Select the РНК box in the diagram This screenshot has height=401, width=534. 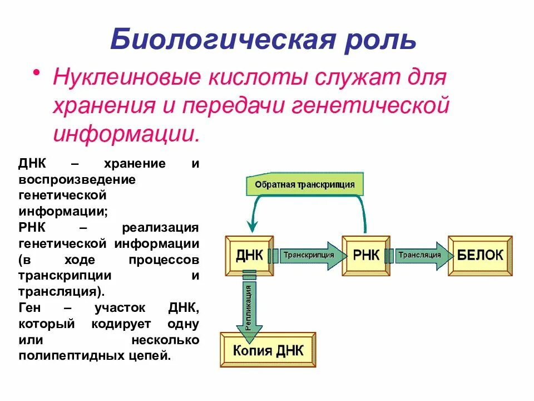(365, 256)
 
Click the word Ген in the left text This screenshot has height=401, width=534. (30, 307)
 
